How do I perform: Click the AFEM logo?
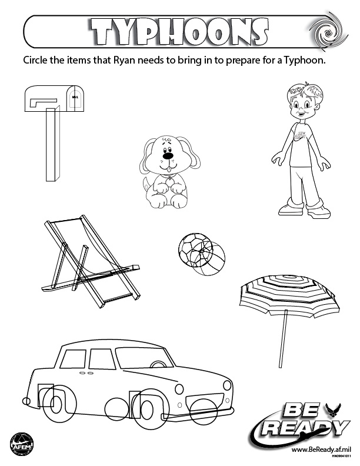click(21, 442)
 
